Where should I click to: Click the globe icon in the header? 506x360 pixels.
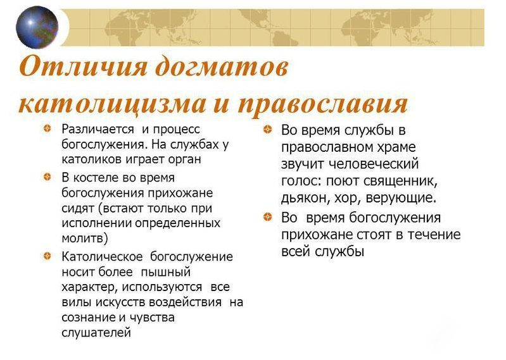(x=37, y=27)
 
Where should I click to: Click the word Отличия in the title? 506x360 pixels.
(x=83, y=66)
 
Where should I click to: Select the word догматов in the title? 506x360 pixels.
(x=222, y=66)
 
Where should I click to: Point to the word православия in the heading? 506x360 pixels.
(x=323, y=104)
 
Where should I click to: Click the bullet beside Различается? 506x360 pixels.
(x=47, y=129)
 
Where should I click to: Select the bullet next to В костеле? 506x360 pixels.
(x=47, y=177)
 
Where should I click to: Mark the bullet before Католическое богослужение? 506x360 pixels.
(x=47, y=256)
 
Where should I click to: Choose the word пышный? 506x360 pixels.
(x=165, y=272)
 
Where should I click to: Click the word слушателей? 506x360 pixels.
(x=96, y=333)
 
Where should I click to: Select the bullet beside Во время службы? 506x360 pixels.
(x=267, y=130)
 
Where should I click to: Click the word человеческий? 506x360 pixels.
(x=374, y=164)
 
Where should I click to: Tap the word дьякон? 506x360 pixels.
(x=305, y=198)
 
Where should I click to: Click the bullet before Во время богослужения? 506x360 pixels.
(x=267, y=217)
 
